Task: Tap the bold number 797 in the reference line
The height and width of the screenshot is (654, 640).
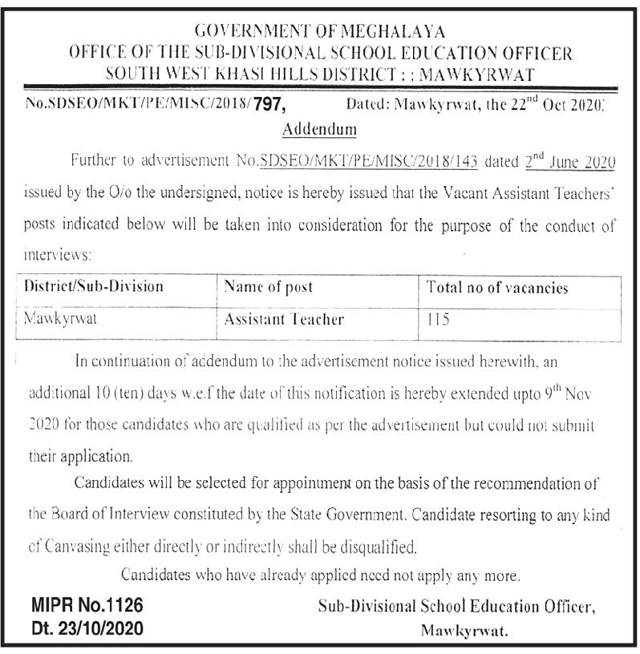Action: coord(269,104)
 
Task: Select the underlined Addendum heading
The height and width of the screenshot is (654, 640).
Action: coord(320,128)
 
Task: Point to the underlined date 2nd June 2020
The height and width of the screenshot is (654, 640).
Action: coord(570,161)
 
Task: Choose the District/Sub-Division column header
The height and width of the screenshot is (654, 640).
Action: coord(94,286)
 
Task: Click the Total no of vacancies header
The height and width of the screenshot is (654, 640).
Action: coord(497,288)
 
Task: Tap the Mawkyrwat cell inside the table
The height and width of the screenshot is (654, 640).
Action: coord(61,319)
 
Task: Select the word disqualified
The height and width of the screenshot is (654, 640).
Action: coord(375,548)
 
